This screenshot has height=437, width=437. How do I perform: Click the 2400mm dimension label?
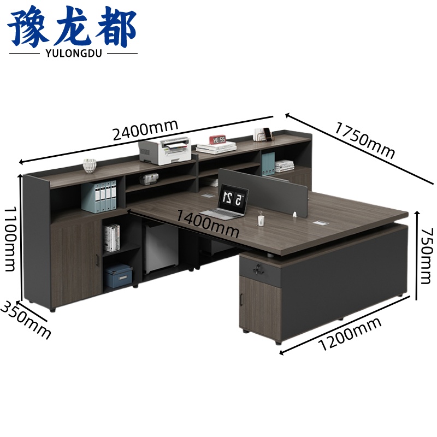tap(145, 130)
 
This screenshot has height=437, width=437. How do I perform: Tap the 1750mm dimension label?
tap(365, 140)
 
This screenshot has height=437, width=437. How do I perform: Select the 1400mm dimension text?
tap(208, 223)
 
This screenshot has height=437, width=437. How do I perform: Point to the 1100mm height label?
tap(11, 239)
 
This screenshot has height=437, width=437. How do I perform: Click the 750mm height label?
tap(427, 256)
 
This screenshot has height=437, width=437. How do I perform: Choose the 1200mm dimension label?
tap(350, 334)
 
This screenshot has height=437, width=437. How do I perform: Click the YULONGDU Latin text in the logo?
tap(74, 53)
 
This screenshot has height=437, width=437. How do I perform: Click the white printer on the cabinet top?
tap(165, 151)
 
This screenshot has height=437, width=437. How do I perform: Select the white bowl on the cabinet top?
tap(90, 166)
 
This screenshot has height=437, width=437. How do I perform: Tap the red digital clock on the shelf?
tap(217, 139)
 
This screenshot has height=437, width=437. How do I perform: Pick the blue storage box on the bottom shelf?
tap(118, 276)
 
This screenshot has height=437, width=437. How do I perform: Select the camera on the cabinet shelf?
tap(149, 179)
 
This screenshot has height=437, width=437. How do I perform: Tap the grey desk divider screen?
tap(263, 192)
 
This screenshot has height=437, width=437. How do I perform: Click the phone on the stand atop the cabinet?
tap(268, 134)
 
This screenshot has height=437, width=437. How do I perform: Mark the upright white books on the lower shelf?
tap(112, 238)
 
